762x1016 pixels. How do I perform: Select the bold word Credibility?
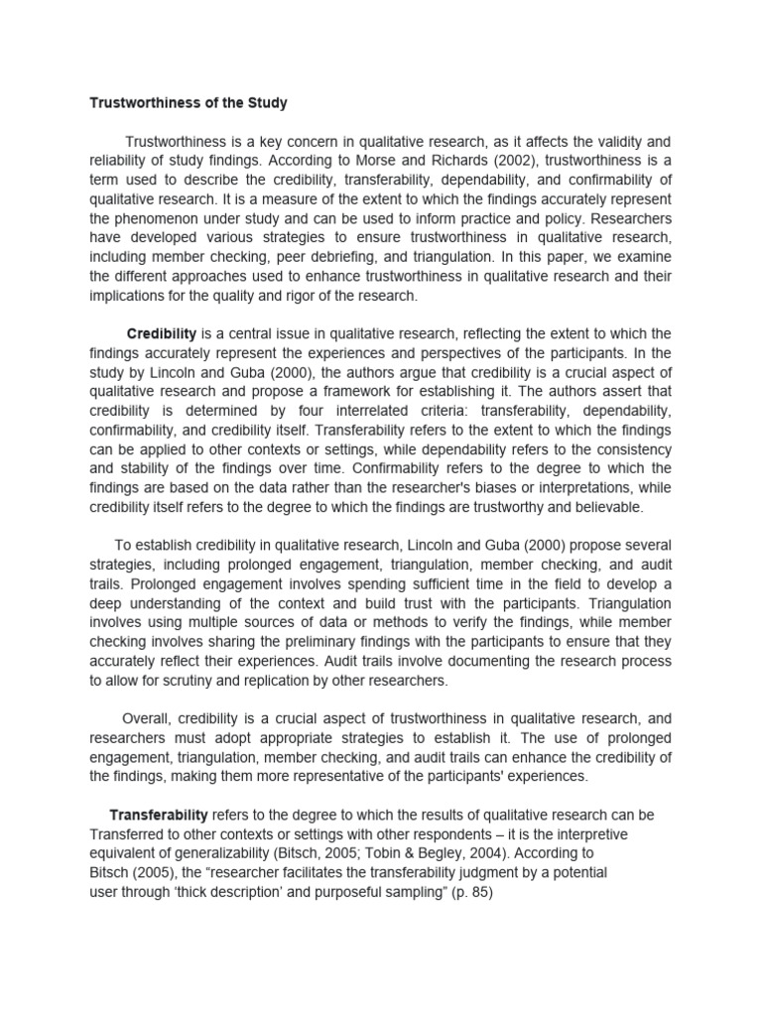pos(162,332)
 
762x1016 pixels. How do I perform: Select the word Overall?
pos(150,718)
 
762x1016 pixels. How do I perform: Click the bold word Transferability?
pos(159,816)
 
